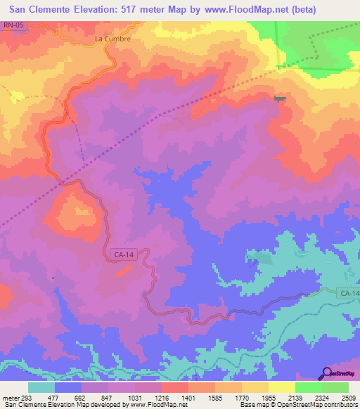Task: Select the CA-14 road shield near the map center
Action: click(122, 257)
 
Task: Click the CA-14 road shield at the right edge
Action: click(348, 292)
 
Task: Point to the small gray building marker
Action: click(281, 99)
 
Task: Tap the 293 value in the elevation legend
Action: click(27, 396)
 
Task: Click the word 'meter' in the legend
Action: click(9, 396)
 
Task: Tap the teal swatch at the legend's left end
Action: click(41, 387)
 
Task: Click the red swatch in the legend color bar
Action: click(174, 387)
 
